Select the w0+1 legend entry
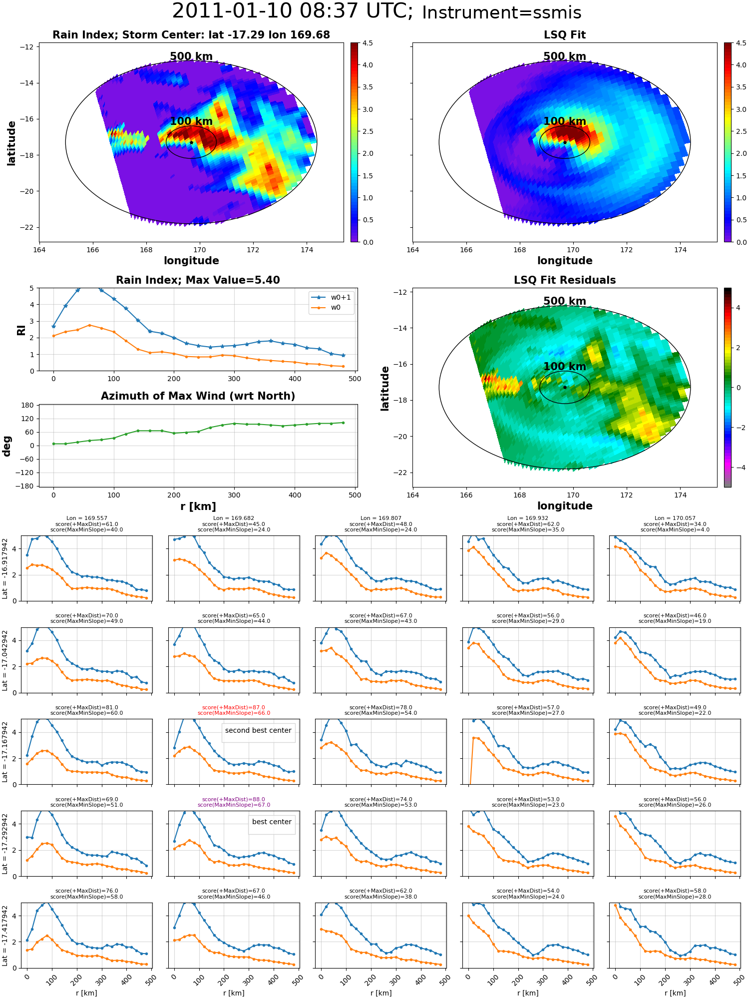click(332, 297)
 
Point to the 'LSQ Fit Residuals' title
click(565, 280)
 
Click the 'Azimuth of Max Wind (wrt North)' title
click(198, 396)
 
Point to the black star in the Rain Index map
click(191, 142)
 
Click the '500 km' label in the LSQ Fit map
click(565, 56)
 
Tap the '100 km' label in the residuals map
click(565, 367)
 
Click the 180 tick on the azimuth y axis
click(28, 405)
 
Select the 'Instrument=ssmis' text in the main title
click(502, 13)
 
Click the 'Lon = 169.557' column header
click(87, 518)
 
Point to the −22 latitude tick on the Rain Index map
click(26, 227)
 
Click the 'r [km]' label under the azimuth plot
click(198, 506)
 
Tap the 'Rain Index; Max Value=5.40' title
click(198, 280)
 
